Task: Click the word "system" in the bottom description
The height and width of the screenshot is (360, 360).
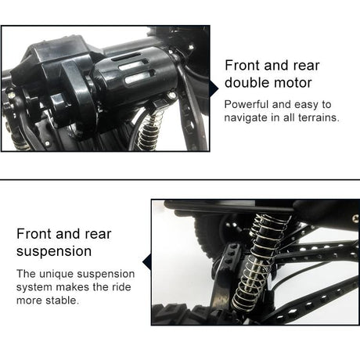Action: [34, 287]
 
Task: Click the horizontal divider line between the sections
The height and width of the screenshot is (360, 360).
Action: [180, 179]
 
